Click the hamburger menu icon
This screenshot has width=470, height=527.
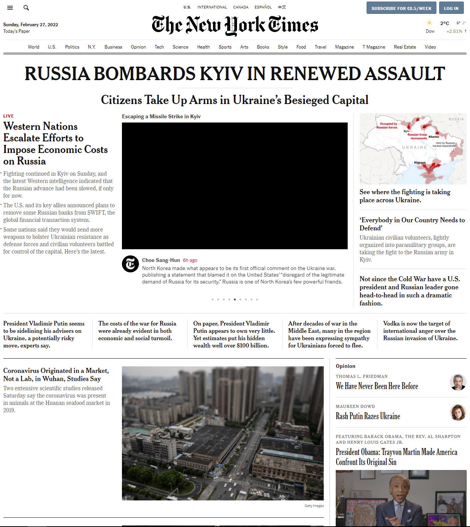click(10, 8)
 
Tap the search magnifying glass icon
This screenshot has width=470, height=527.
click(26, 8)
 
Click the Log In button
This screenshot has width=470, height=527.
click(451, 8)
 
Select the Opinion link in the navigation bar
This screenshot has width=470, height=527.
click(138, 47)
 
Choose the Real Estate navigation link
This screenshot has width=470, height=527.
click(405, 47)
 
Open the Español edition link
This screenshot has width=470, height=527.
click(263, 7)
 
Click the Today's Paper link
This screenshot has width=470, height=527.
click(17, 31)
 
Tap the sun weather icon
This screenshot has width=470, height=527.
click(429, 23)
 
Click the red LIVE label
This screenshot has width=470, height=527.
click(8, 116)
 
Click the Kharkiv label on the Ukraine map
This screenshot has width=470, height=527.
click(434, 137)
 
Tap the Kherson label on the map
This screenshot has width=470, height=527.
click(420, 163)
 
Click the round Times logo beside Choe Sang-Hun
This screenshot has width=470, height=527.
click(130, 264)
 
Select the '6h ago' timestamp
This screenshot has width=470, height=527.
click(190, 260)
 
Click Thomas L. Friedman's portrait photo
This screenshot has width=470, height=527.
click(458, 382)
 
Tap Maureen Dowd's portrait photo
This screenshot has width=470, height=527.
click(458, 412)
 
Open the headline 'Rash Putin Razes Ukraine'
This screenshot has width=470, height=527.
click(368, 416)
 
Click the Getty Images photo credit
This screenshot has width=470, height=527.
click(314, 506)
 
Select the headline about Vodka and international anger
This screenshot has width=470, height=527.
click(420, 331)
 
